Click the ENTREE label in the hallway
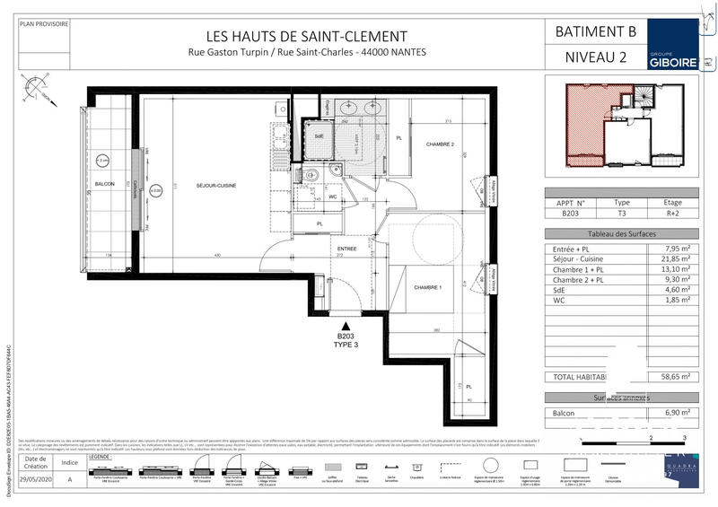346,249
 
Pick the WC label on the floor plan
332,197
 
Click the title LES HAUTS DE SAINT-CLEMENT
307,37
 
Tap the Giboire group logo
671,49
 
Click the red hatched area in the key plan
588,126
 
